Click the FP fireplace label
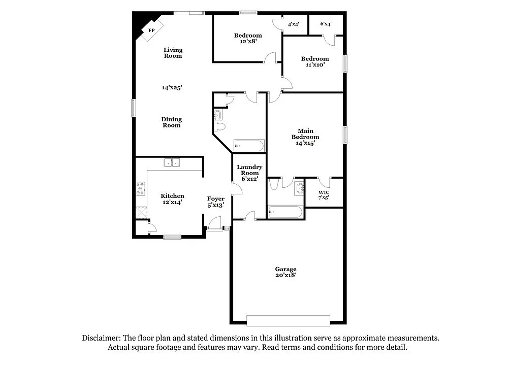pos(151,30)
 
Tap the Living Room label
pos(173,53)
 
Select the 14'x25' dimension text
pos(172,87)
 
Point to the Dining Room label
pos(172,122)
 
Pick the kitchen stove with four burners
pos(140,189)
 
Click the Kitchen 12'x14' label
pos(172,199)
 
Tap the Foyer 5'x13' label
pos(216,202)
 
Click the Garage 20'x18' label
pos(285,272)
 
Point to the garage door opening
pos(288,320)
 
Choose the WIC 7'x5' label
pos(324,195)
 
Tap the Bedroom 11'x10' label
pos(314,61)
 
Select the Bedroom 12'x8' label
pos(248,38)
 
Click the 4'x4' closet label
pos(294,24)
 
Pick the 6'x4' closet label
pos(325,24)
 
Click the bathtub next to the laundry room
pos(249,146)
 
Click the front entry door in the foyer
pos(215,223)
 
